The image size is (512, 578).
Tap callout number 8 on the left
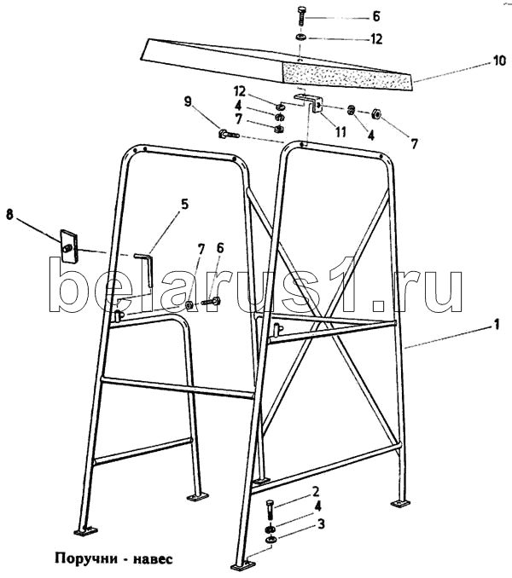(11, 217)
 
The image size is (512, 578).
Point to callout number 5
(183, 205)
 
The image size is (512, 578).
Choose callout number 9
(188, 101)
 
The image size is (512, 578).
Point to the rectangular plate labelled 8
(68, 246)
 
